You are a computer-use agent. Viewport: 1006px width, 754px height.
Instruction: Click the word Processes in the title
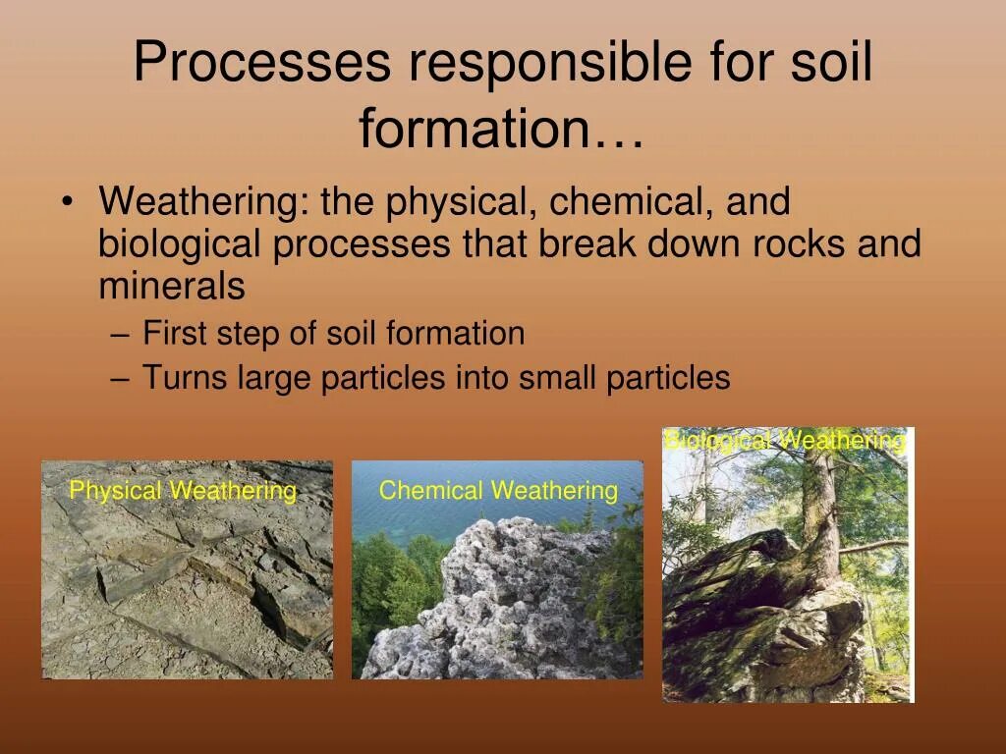pyautogui.click(x=261, y=61)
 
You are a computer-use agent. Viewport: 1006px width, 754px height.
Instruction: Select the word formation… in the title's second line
pyautogui.click(x=501, y=129)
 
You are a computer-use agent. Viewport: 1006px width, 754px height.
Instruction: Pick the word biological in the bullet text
pyautogui.click(x=180, y=244)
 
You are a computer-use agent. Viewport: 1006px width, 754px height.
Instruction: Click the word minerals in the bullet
pyautogui.click(x=172, y=285)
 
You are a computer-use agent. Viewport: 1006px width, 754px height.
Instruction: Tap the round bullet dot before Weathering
pyautogui.click(x=67, y=201)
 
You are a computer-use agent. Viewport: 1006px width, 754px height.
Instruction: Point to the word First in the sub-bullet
pyautogui.click(x=175, y=334)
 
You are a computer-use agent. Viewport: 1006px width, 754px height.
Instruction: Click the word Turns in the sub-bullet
pyautogui.click(x=185, y=376)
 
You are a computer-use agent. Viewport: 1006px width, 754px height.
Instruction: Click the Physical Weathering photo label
pyautogui.click(x=183, y=491)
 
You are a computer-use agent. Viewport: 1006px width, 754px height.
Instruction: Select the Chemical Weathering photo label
pyautogui.click(x=498, y=491)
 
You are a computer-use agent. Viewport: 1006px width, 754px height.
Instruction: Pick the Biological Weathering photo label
pyautogui.click(x=785, y=441)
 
